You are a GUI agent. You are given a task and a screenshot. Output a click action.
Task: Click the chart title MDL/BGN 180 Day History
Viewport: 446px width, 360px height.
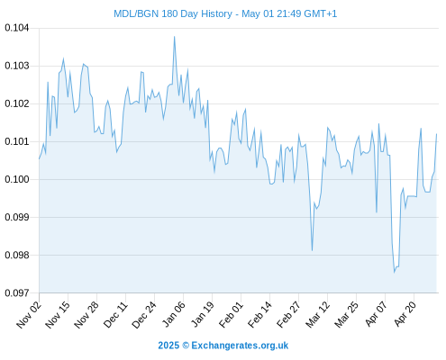173,13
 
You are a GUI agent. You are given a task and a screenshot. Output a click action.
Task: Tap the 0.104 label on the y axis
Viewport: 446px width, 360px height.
17,28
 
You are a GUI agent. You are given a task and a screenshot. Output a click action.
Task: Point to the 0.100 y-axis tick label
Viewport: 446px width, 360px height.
17,179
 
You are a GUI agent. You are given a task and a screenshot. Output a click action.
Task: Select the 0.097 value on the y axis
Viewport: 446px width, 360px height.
17,292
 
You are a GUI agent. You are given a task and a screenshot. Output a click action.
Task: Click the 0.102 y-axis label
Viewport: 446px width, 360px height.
17,103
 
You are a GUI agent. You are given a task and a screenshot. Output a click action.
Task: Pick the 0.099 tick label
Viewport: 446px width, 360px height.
17,217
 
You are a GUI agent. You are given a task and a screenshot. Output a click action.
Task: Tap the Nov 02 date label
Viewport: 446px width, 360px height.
28,314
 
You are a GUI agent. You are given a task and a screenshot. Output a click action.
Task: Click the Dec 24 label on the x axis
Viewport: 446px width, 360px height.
144,314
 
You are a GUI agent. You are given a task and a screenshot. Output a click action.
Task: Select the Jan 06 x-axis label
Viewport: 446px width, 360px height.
173,314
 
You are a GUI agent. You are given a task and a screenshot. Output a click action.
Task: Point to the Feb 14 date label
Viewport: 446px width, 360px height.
259,314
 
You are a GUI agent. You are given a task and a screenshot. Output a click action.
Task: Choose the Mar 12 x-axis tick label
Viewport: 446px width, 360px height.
317,314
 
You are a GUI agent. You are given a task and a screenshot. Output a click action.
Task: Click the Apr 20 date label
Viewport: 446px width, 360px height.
405,314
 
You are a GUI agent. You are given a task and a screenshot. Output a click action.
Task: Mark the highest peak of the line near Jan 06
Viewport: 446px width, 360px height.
174,37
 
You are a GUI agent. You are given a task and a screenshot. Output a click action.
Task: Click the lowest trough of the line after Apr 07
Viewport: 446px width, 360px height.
395,272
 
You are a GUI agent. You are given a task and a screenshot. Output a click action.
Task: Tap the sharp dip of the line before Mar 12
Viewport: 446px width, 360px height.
313,250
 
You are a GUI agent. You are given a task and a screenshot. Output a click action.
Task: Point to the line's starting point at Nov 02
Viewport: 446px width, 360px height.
39,158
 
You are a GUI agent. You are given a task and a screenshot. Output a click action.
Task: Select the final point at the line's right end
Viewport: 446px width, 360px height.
436,134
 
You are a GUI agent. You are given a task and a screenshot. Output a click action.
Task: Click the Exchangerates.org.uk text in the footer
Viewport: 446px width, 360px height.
240,346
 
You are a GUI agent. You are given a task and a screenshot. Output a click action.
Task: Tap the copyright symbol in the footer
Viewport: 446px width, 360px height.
186,346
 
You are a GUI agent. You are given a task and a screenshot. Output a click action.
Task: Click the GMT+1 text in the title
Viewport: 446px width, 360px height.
321,13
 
